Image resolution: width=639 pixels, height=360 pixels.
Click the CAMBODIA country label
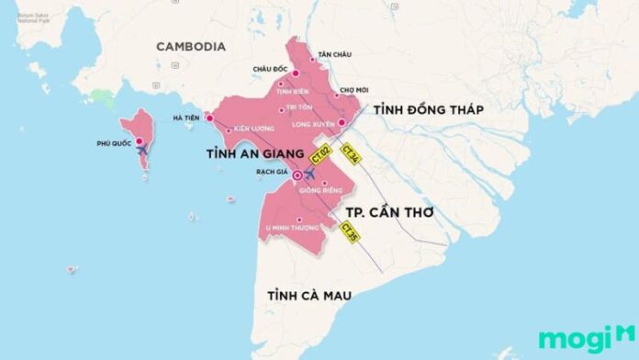(x=190, y=47)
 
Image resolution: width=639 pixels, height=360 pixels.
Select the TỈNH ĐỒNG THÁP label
(x=428, y=110)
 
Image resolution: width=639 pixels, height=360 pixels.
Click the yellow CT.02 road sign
(x=320, y=152)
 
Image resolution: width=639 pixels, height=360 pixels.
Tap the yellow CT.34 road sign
(x=351, y=153)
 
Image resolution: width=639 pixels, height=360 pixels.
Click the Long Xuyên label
(x=309, y=122)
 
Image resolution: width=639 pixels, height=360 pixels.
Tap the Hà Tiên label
(x=186, y=118)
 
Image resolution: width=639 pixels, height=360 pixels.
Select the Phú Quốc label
(x=115, y=143)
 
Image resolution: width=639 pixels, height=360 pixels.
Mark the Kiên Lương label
(x=254, y=129)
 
